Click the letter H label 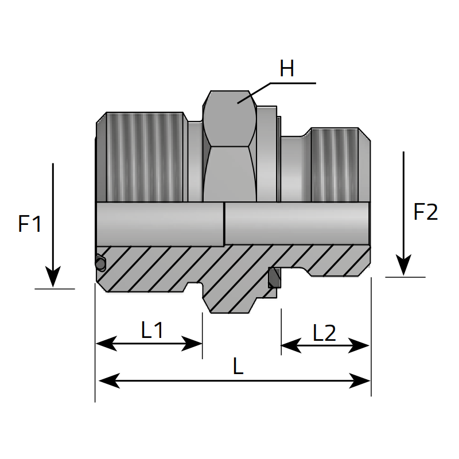(286, 68)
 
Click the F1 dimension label (30, 224)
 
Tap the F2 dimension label (426, 212)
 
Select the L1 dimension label (152, 329)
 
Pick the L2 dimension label (324, 333)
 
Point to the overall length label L (238, 366)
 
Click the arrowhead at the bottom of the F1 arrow (53, 276)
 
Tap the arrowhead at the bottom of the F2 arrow (404, 264)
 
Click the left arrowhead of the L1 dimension (106, 343)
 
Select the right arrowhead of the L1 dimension (192, 343)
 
